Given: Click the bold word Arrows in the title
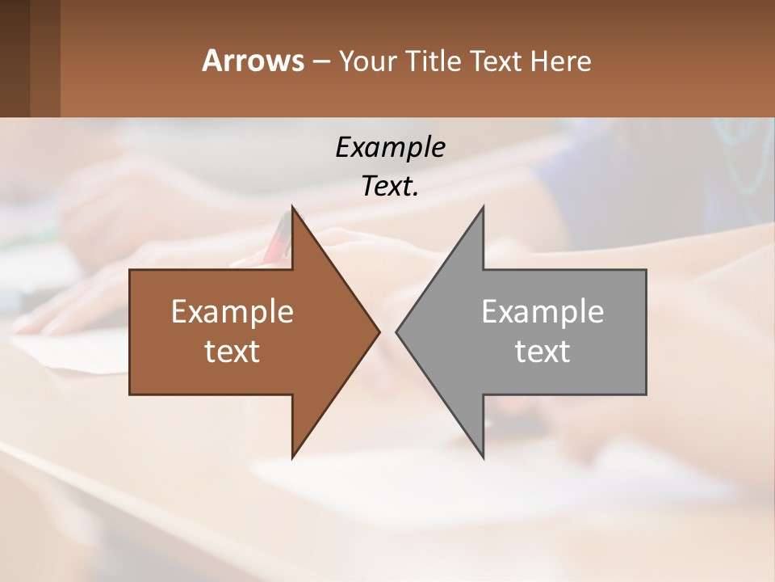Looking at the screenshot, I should point(252,61).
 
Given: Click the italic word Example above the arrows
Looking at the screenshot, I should point(390,147).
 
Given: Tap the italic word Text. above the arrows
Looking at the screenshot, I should point(390,187).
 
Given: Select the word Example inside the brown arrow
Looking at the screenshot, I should point(232,311).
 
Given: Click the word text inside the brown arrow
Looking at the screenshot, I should point(232,351).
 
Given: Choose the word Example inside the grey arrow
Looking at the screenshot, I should point(542,311).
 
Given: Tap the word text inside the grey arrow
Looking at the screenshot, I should point(542,351).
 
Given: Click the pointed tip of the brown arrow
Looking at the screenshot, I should point(378,331).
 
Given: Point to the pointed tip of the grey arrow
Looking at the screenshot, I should point(398,331).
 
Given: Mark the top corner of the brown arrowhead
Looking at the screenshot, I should point(293,209).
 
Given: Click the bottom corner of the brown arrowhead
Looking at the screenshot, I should point(293,456).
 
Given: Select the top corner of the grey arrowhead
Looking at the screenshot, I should point(483,209).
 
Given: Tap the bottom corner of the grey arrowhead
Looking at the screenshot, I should point(483,456).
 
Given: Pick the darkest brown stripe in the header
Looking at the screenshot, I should point(15,58).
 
